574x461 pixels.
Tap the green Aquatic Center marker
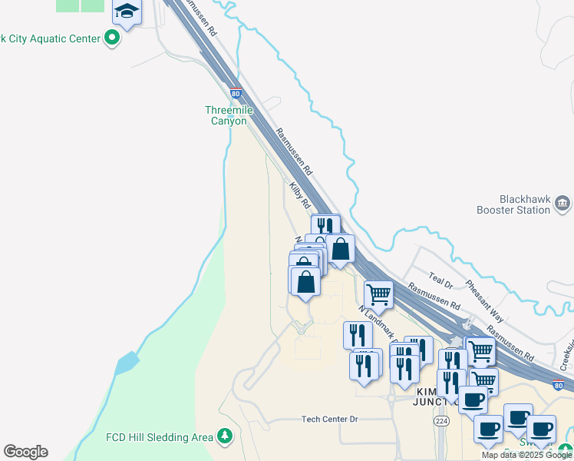[x=113, y=38]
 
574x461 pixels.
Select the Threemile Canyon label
[x=229, y=115]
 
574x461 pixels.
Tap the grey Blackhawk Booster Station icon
[x=562, y=204]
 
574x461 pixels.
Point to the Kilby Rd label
[x=299, y=195]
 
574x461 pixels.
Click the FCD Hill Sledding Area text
[x=158, y=437]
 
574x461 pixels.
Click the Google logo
[x=25, y=452]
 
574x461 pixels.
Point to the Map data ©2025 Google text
[x=526, y=455]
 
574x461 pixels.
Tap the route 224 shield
[x=440, y=421]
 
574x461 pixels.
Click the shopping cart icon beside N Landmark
[x=378, y=294]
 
